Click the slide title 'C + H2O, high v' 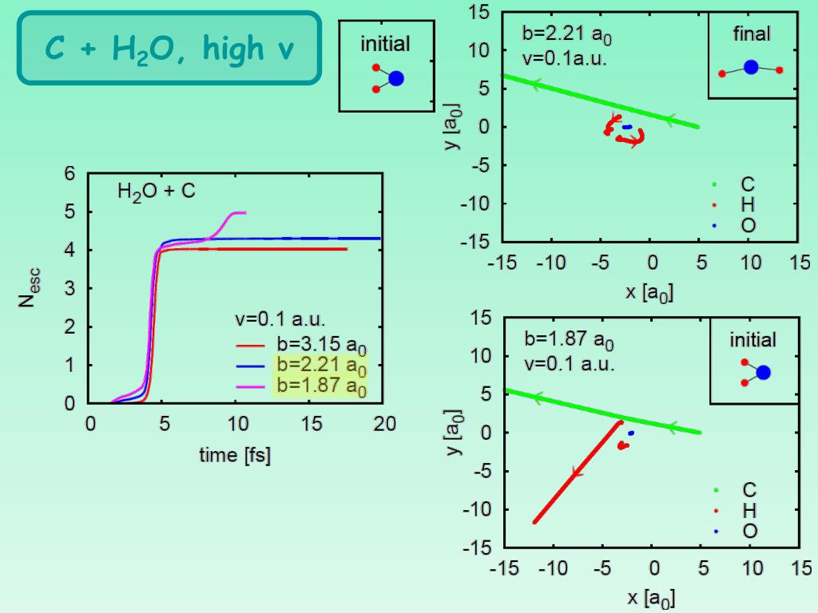(169, 48)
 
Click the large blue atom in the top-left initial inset (395, 78)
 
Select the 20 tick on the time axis (385, 424)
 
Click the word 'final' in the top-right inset (752, 34)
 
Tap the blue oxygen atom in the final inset (750, 68)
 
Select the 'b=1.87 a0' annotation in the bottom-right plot (569, 339)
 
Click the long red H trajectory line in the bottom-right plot (575, 473)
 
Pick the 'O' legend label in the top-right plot (748, 226)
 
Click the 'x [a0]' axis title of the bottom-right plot (649, 597)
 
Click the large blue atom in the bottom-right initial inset (763, 373)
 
